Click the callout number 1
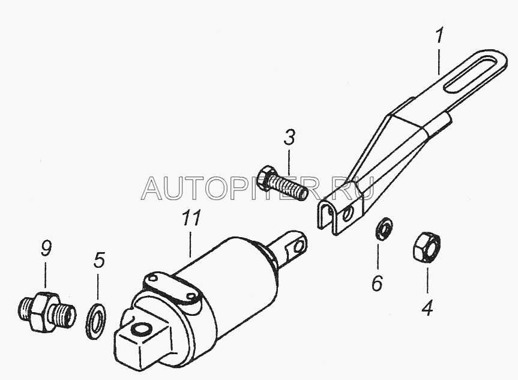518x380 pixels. [439, 37]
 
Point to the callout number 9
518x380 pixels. [46, 249]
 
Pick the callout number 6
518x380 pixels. [378, 283]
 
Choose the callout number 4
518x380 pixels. [427, 307]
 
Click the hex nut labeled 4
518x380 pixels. [427, 247]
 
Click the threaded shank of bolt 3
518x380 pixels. [288, 188]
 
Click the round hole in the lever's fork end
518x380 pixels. [347, 216]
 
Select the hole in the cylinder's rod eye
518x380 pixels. [299, 246]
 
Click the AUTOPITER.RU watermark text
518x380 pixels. [258, 188]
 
